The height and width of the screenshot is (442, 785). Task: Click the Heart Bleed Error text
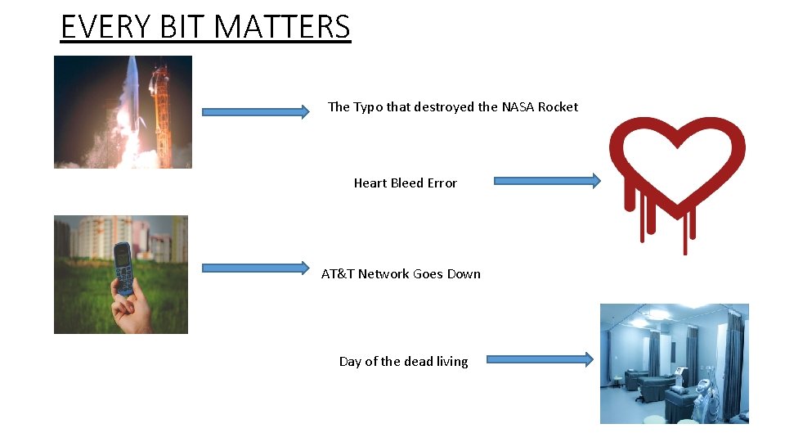(x=405, y=183)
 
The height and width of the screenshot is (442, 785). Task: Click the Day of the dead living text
(x=403, y=362)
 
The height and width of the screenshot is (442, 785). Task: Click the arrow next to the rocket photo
(x=255, y=111)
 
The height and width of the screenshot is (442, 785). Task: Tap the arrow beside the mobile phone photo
(x=255, y=268)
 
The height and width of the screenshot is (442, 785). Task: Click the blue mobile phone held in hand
(x=123, y=268)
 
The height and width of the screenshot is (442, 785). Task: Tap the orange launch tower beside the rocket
(x=160, y=110)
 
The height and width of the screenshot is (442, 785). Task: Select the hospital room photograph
(x=674, y=363)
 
